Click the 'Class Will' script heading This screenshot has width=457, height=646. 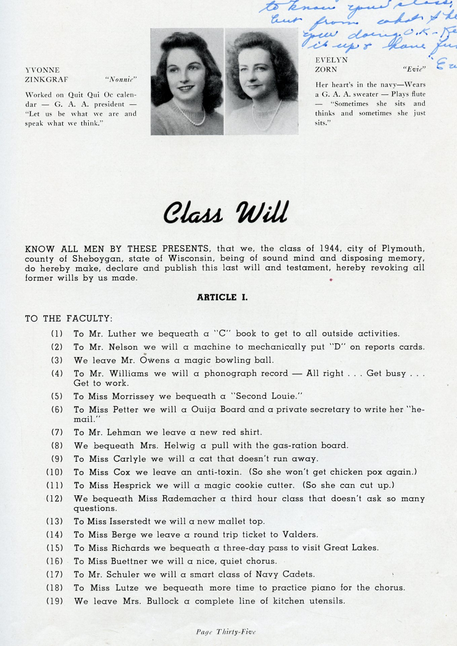(226, 213)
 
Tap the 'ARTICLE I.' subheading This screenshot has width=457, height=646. (222, 297)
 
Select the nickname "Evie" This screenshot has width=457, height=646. (414, 69)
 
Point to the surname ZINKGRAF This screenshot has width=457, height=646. (46, 79)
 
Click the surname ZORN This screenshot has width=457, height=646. (326, 69)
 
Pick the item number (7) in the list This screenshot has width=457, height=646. (57, 432)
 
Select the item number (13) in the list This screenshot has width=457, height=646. (54, 521)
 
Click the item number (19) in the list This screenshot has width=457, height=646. (54, 601)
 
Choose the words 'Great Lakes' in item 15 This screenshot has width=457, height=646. (351, 547)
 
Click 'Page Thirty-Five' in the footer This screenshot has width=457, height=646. (226, 632)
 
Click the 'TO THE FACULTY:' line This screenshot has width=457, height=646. (69, 318)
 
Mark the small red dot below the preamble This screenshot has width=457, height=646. (331, 280)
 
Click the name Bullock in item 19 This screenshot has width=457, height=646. (162, 601)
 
